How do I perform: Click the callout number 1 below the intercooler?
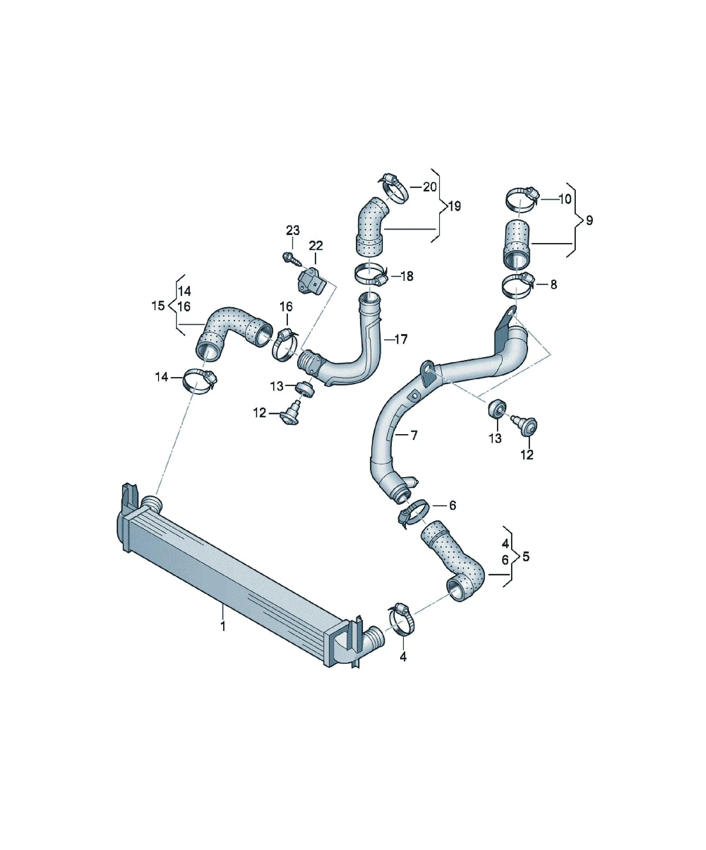click(223, 626)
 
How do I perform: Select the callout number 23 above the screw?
click(293, 231)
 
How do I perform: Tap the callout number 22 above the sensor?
click(316, 246)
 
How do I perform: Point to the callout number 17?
click(401, 339)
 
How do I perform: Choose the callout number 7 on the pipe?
click(414, 435)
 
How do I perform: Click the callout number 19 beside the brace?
click(455, 206)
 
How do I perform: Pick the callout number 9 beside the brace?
click(589, 221)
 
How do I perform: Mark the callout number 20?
click(430, 187)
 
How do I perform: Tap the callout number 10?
click(564, 199)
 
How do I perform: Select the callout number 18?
click(407, 276)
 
